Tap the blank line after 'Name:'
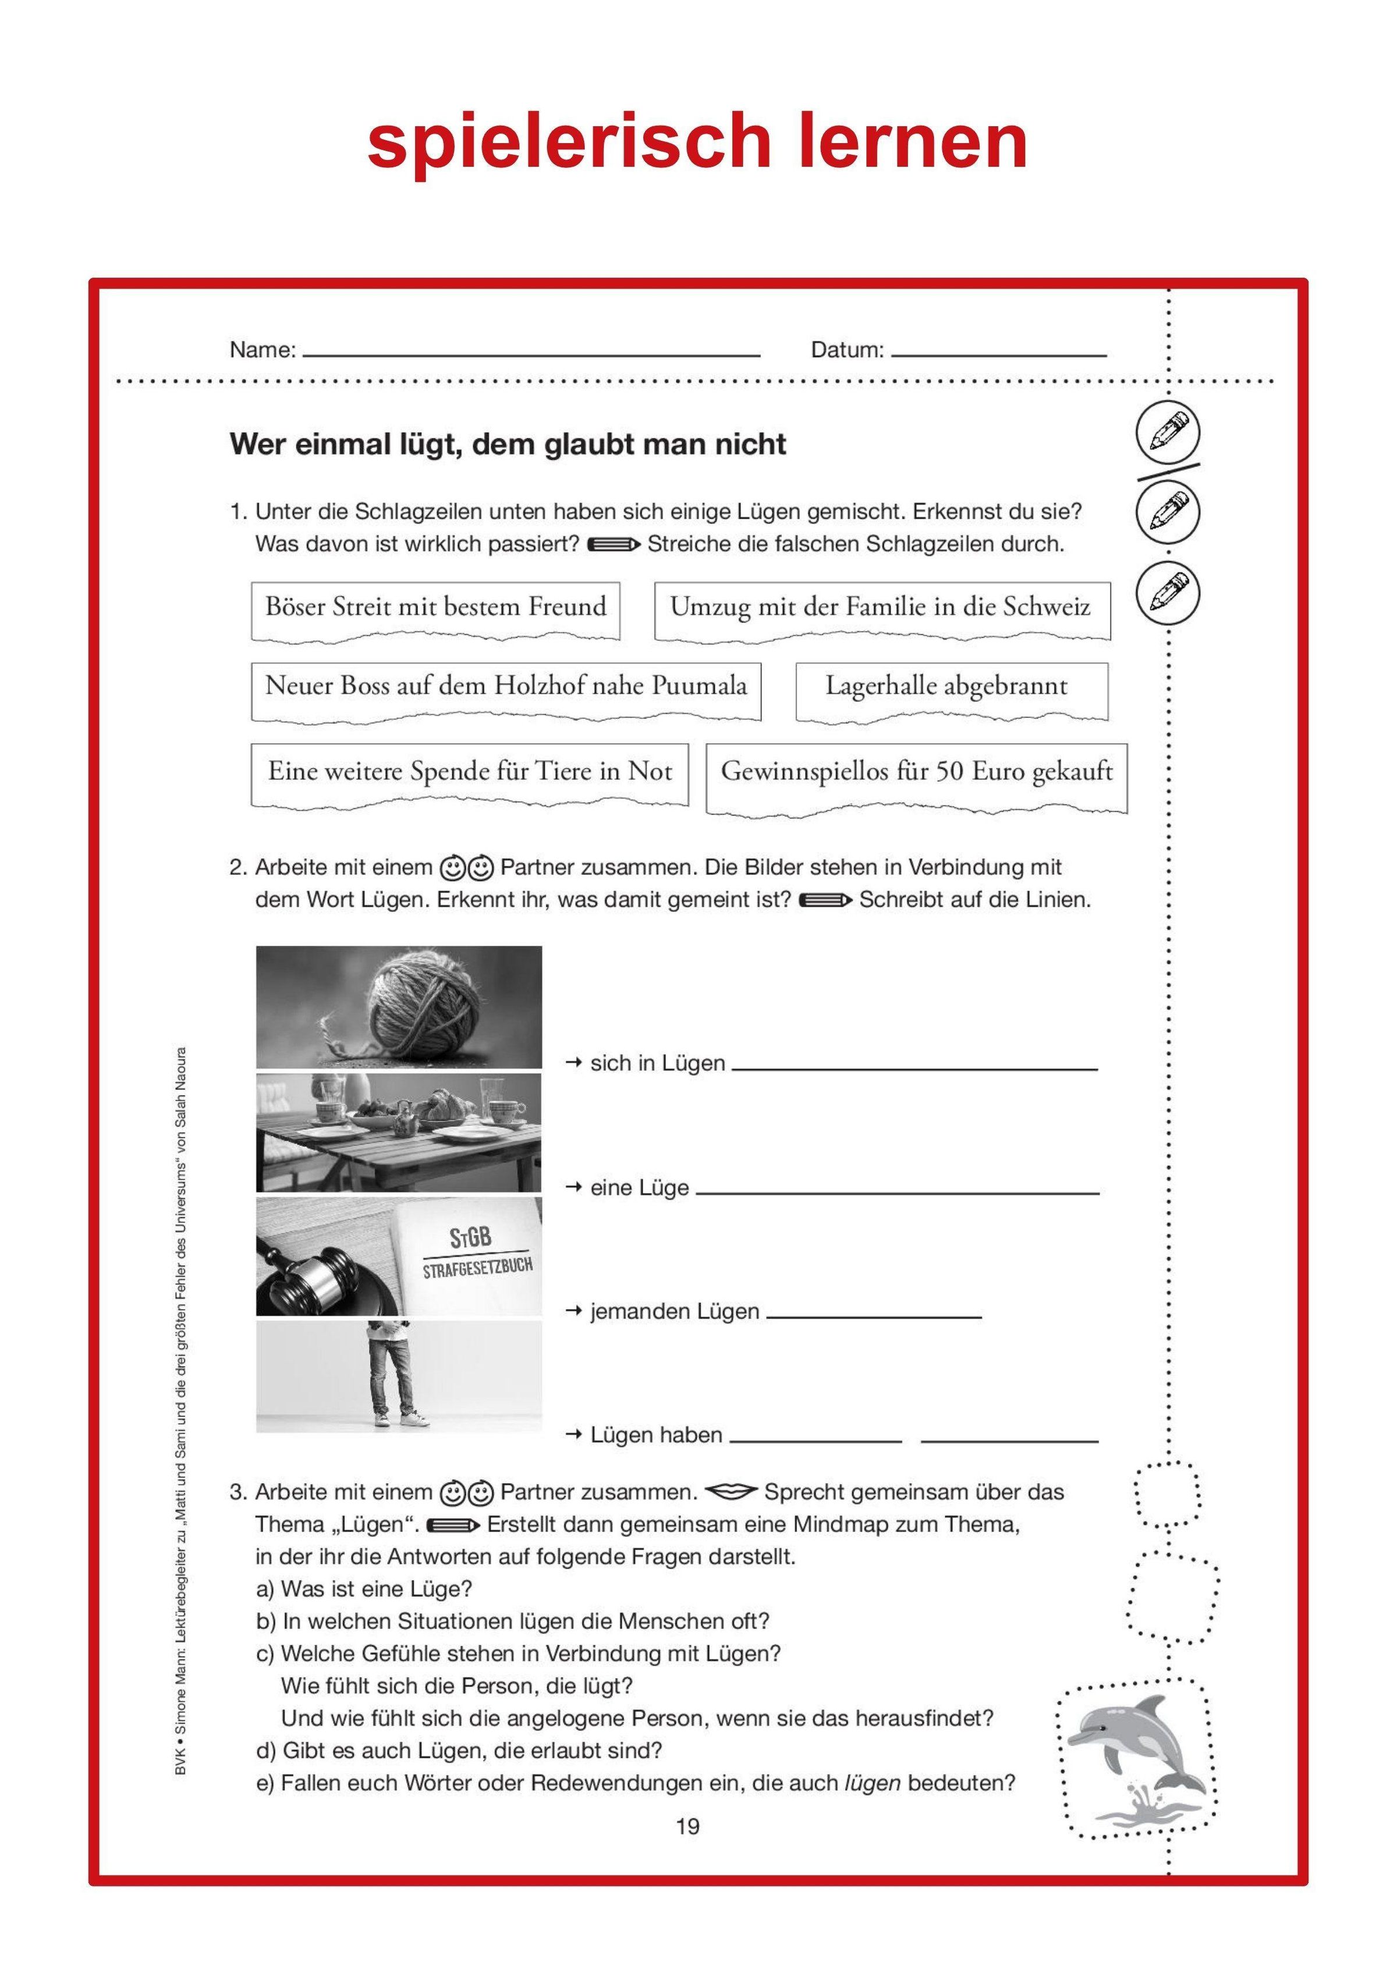tap(531, 354)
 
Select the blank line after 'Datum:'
tap(998, 354)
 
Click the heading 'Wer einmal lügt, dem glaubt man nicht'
tap(508, 445)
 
